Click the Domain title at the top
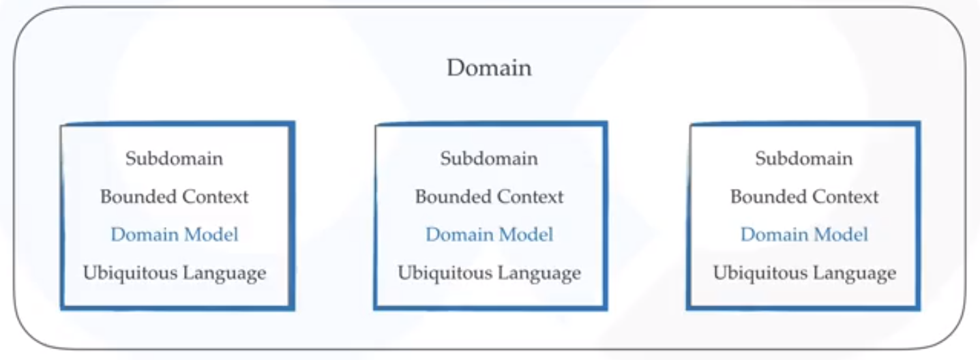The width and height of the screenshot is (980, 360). coord(489,67)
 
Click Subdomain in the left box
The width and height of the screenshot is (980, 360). coord(174,158)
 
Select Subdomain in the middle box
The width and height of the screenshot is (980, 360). coord(489,158)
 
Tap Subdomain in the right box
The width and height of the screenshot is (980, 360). coord(804,158)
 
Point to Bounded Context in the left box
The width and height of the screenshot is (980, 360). coord(174,196)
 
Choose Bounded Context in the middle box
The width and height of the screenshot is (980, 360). coord(489,196)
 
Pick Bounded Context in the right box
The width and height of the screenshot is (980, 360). coord(804,196)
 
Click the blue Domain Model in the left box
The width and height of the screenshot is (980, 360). coord(174,235)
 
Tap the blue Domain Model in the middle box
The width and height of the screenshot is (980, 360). coord(489,235)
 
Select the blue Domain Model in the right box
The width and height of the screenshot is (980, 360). coord(804,235)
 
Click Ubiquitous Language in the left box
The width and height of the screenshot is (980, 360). coord(174,273)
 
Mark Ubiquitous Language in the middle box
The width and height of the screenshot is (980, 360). coord(489,273)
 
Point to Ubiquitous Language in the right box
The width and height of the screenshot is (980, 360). coord(804,273)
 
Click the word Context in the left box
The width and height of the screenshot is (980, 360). coord(216,196)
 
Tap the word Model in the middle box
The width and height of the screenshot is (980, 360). coord(526,235)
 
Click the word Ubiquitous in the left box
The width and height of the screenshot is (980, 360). coord(129,273)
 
